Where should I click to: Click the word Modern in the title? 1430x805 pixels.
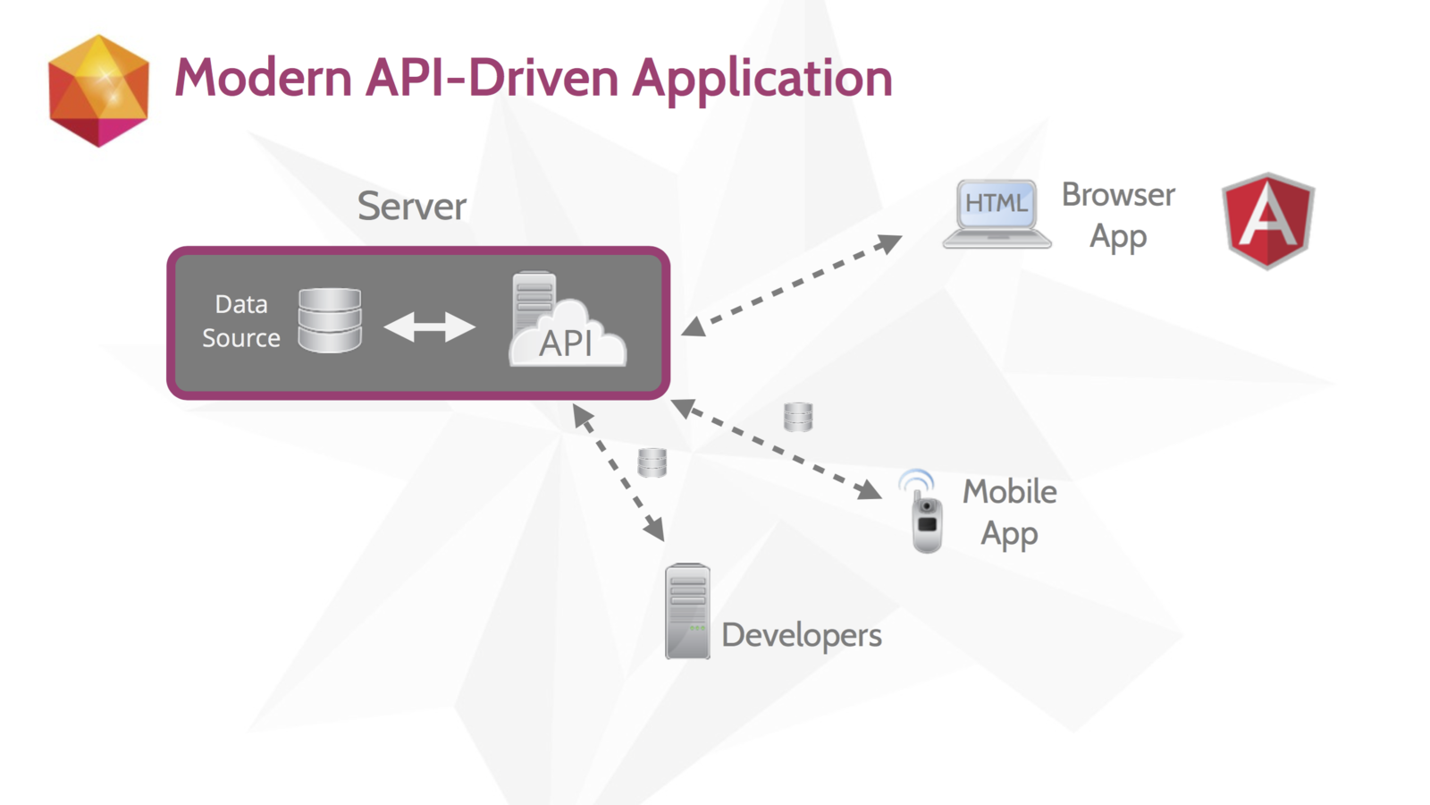point(263,77)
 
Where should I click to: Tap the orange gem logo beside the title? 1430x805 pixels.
point(99,90)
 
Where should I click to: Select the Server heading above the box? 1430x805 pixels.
point(412,207)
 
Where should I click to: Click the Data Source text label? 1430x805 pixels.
point(241,321)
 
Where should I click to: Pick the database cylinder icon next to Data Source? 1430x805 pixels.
point(330,320)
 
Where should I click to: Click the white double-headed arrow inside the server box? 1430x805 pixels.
point(430,327)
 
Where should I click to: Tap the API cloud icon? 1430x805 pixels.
point(567,319)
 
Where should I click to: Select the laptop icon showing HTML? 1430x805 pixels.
point(997,214)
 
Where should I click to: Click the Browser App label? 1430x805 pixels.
point(1118,216)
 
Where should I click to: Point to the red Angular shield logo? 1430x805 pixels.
point(1268,220)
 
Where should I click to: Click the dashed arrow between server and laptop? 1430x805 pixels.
point(792,285)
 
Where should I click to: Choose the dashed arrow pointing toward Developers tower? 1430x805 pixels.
point(618,473)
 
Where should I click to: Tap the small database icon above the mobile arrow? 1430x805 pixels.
point(798,417)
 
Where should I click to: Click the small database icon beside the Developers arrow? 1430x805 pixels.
point(652,462)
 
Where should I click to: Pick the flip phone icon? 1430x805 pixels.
point(922,511)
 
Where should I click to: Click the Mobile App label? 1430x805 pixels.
point(1009,513)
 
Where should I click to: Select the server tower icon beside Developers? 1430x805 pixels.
point(687,611)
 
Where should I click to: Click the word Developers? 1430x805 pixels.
point(801,636)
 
